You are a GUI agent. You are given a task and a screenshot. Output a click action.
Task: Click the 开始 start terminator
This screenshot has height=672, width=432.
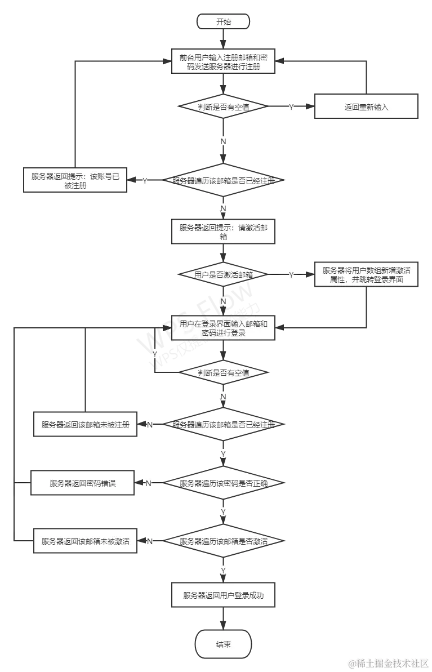(224, 22)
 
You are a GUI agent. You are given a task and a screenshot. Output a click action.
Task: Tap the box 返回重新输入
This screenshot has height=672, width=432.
(366, 106)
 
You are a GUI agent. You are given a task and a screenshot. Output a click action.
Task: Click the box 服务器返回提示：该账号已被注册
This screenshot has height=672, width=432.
(75, 180)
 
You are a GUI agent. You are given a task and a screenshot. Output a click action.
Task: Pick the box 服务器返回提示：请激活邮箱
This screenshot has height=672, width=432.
(224, 232)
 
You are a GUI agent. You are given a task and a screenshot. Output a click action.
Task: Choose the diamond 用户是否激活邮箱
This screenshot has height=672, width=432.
(224, 274)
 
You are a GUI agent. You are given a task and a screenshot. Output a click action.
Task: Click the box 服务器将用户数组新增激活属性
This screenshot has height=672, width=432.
(366, 274)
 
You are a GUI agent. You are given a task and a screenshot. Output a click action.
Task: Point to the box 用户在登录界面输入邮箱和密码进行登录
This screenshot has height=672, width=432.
(224, 328)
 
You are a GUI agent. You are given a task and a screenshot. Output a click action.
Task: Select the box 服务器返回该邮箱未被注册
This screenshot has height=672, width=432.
(85, 425)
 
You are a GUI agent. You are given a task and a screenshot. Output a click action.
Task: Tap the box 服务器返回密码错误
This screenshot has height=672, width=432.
(83, 483)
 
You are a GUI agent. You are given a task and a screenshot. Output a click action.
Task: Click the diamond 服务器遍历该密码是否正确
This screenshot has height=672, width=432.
(224, 483)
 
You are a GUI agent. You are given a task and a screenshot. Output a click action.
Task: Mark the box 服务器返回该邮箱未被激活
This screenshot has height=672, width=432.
(85, 541)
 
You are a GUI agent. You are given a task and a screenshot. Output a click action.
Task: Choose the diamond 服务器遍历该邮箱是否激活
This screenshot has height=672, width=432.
(224, 541)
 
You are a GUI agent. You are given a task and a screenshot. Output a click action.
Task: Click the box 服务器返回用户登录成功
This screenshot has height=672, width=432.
(224, 595)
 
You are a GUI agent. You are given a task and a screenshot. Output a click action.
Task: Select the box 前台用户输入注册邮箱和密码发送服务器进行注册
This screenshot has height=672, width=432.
(224, 62)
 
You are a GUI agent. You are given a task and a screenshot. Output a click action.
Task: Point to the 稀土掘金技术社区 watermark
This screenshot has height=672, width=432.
(388, 662)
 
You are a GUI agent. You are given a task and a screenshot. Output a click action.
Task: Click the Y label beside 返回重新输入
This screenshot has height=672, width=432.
(292, 106)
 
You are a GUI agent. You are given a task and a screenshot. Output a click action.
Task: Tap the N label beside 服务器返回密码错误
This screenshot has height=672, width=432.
(149, 483)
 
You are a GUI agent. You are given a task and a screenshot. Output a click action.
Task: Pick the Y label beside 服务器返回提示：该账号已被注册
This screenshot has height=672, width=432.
(145, 180)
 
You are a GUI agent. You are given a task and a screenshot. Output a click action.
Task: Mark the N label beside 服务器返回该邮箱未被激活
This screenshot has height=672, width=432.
(149, 541)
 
